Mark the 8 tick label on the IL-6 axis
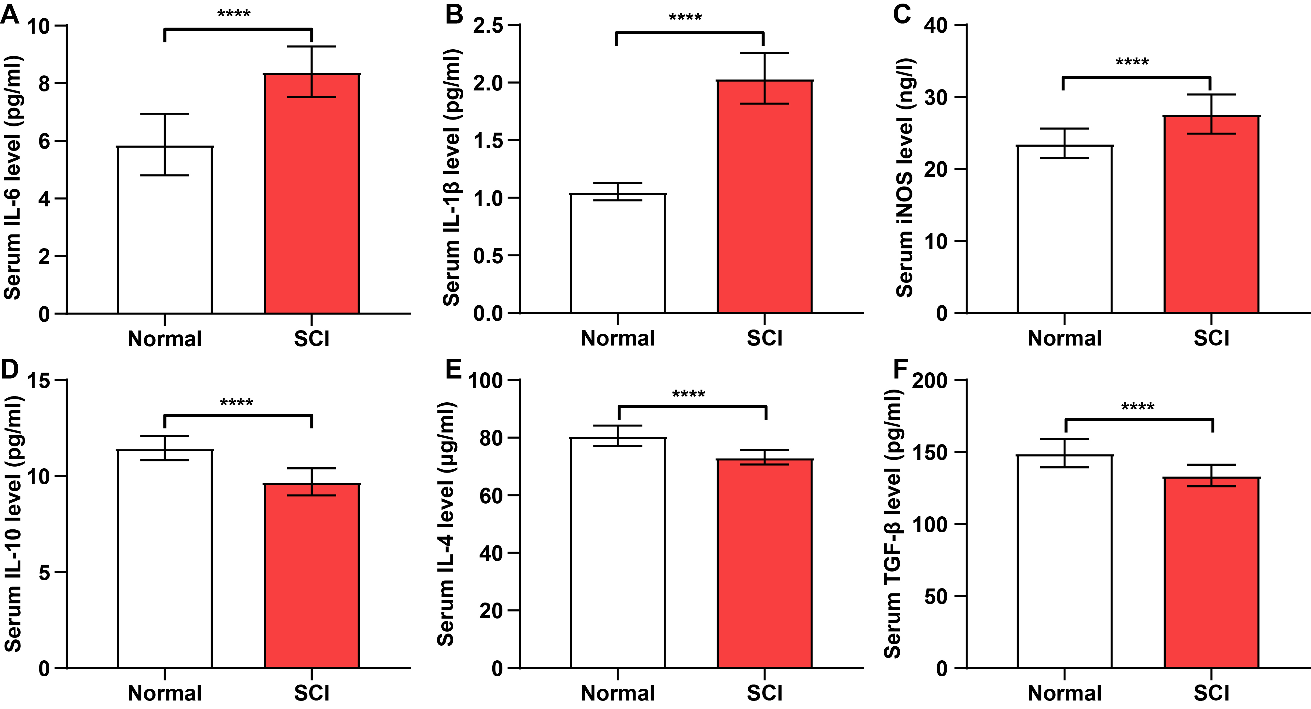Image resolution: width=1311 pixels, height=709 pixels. pos(44,84)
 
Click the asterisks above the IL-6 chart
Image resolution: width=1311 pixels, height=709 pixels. pos(234,14)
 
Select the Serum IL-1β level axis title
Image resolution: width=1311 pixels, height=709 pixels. pos(451,178)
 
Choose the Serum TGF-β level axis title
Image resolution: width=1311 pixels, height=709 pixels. pos(893,524)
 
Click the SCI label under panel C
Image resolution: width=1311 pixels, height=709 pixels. pos(1211,338)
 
